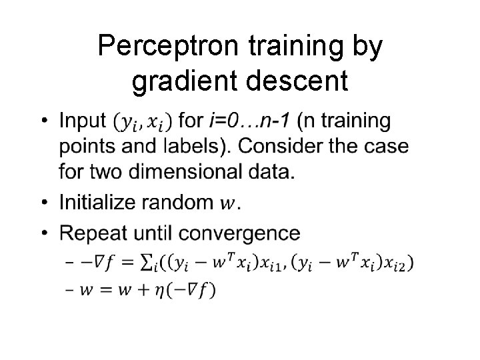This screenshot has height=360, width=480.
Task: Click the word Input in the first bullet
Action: [82, 121]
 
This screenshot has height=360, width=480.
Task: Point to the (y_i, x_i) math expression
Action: [143, 123]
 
